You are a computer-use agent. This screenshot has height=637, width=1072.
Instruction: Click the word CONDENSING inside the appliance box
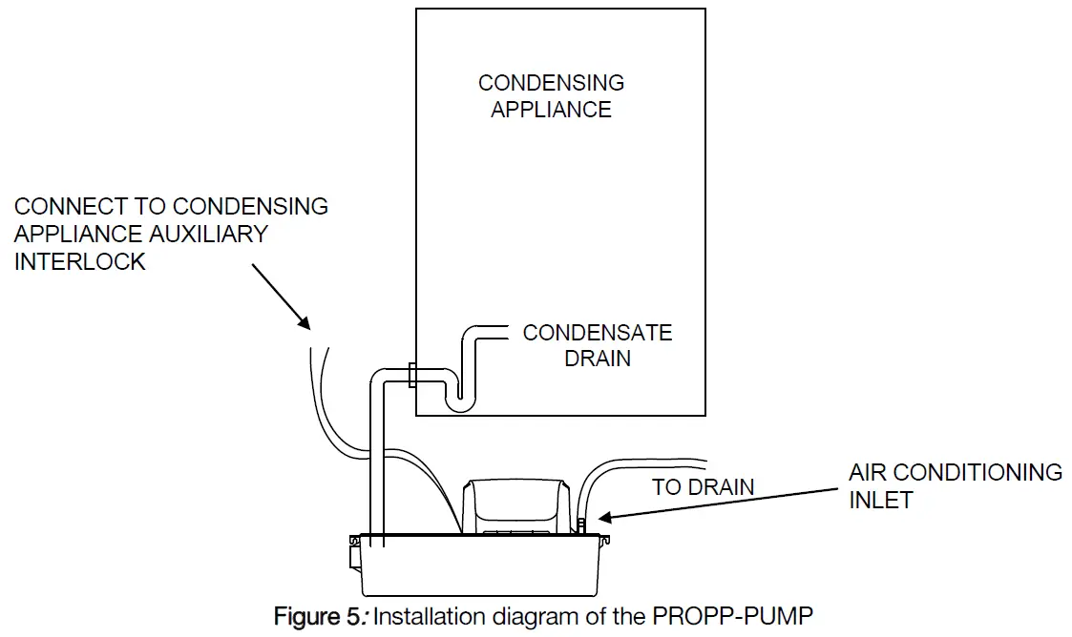pos(551,83)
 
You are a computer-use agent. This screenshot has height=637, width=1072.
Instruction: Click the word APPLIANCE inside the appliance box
pos(551,109)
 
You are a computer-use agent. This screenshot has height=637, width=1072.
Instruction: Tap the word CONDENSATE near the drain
pos(598,333)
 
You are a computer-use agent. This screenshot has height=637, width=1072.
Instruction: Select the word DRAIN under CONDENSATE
pos(598,360)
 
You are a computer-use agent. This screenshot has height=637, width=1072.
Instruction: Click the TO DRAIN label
pos(703,487)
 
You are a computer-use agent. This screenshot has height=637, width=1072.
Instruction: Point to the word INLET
pos(880,499)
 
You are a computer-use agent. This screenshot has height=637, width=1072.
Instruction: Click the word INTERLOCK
pos(80,261)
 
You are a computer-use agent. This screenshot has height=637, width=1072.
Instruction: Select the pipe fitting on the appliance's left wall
pos(411,375)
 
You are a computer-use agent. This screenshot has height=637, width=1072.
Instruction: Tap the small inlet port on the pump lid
pos(580,524)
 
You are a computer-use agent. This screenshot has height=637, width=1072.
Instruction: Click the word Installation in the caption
pos(427,616)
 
